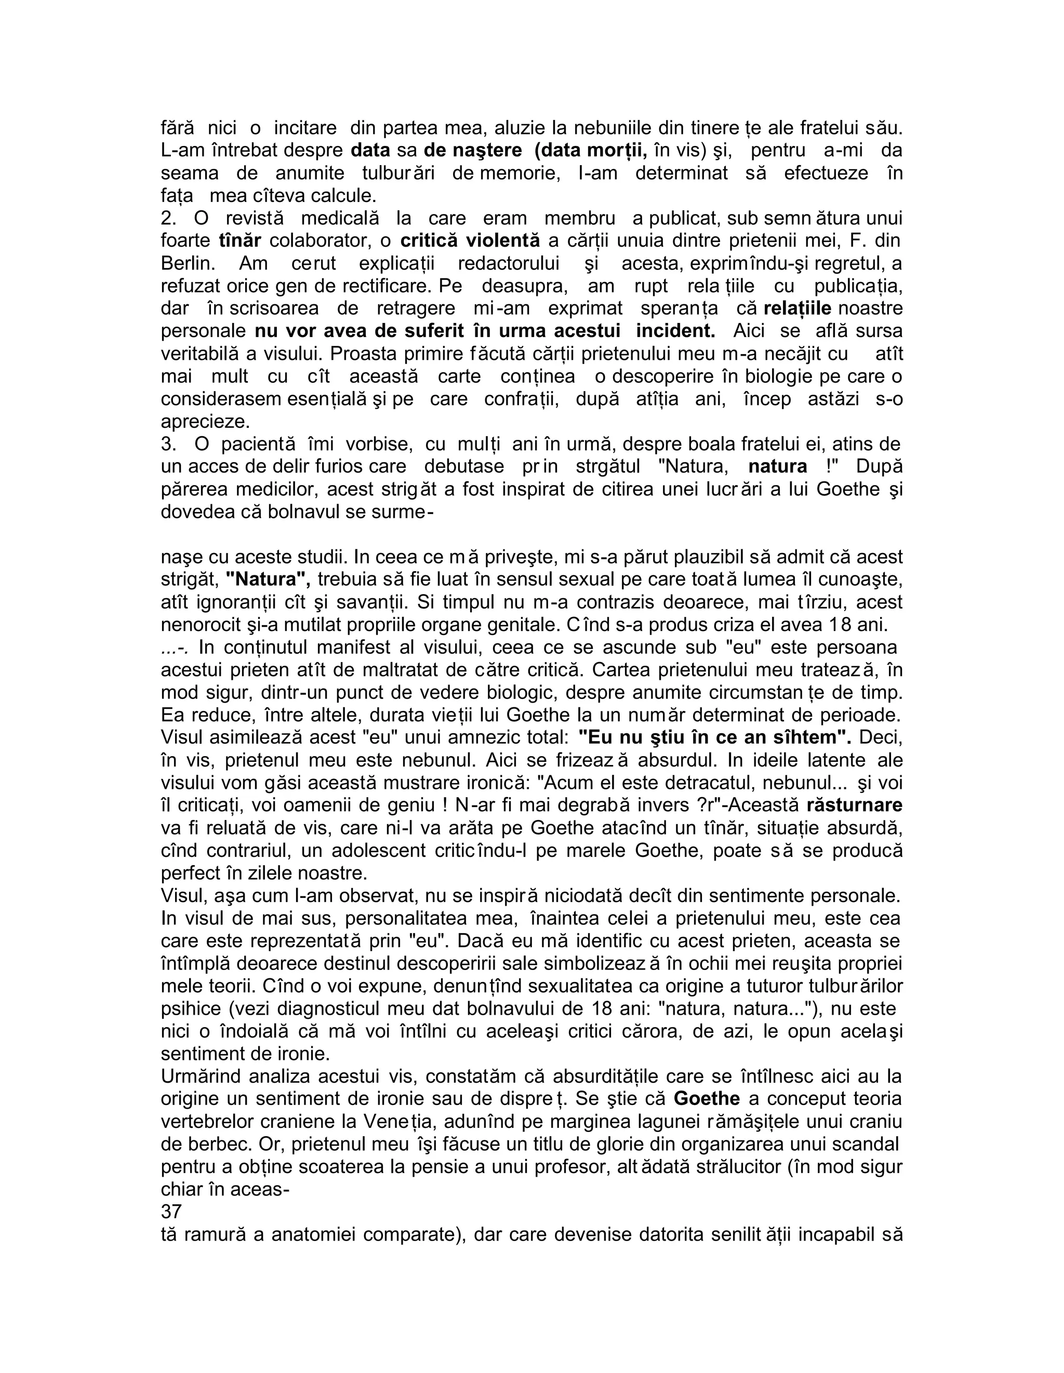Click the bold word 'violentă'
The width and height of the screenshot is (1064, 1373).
pos(502,240)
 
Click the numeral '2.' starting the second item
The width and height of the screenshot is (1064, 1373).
pos(168,218)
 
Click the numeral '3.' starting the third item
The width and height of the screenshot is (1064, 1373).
pos(168,444)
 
